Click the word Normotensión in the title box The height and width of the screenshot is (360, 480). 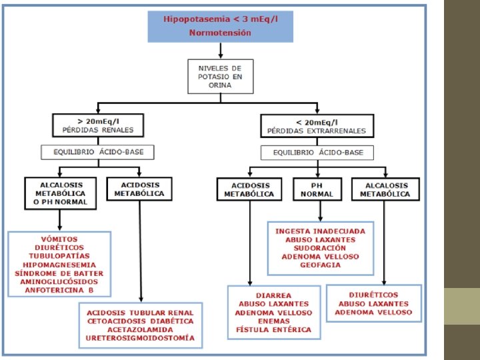[x=220, y=33]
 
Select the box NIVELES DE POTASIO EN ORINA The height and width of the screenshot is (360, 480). [x=219, y=77]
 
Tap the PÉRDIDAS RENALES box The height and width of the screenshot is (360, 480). [x=98, y=125]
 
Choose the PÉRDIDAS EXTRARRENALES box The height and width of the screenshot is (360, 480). [x=317, y=125]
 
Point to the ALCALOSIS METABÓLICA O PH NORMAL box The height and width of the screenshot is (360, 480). [x=60, y=193]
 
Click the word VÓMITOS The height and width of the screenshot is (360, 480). [x=59, y=239]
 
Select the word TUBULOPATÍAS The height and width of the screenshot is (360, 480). [x=59, y=256]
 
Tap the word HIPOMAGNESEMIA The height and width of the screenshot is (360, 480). [x=59, y=265]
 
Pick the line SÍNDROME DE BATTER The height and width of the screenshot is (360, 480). [x=59, y=273]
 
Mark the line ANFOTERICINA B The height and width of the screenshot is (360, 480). [x=59, y=291]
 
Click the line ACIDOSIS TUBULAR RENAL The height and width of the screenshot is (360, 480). [x=140, y=312]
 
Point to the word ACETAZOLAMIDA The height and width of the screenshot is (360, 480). [x=140, y=329]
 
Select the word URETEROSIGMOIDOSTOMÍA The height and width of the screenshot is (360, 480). [x=140, y=338]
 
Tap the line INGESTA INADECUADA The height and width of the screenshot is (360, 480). [x=321, y=231]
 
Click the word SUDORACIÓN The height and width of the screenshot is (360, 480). [x=321, y=248]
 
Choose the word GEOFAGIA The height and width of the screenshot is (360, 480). [x=321, y=265]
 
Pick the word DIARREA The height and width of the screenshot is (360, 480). [x=273, y=295]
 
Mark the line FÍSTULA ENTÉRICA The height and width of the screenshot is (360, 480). [x=273, y=329]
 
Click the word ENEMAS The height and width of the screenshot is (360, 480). [x=273, y=321]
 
